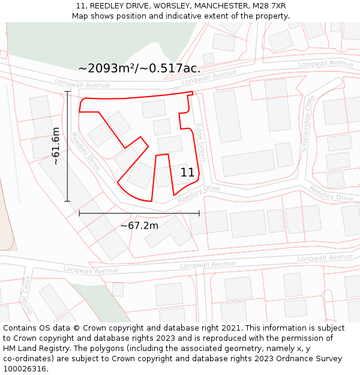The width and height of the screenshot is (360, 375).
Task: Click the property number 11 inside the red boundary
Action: click(187, 173)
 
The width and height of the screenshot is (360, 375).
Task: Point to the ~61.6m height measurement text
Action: click(55, 146)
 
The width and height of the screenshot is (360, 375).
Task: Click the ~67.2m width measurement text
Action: click(139, 226)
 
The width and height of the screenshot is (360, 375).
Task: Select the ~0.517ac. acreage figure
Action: click(170, 68)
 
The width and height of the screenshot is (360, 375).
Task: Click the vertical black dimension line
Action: click(68, 146)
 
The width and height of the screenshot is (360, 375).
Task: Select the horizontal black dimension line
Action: click(139, 213)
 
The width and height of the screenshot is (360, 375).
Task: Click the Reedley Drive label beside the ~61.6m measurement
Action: click(86, 152)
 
